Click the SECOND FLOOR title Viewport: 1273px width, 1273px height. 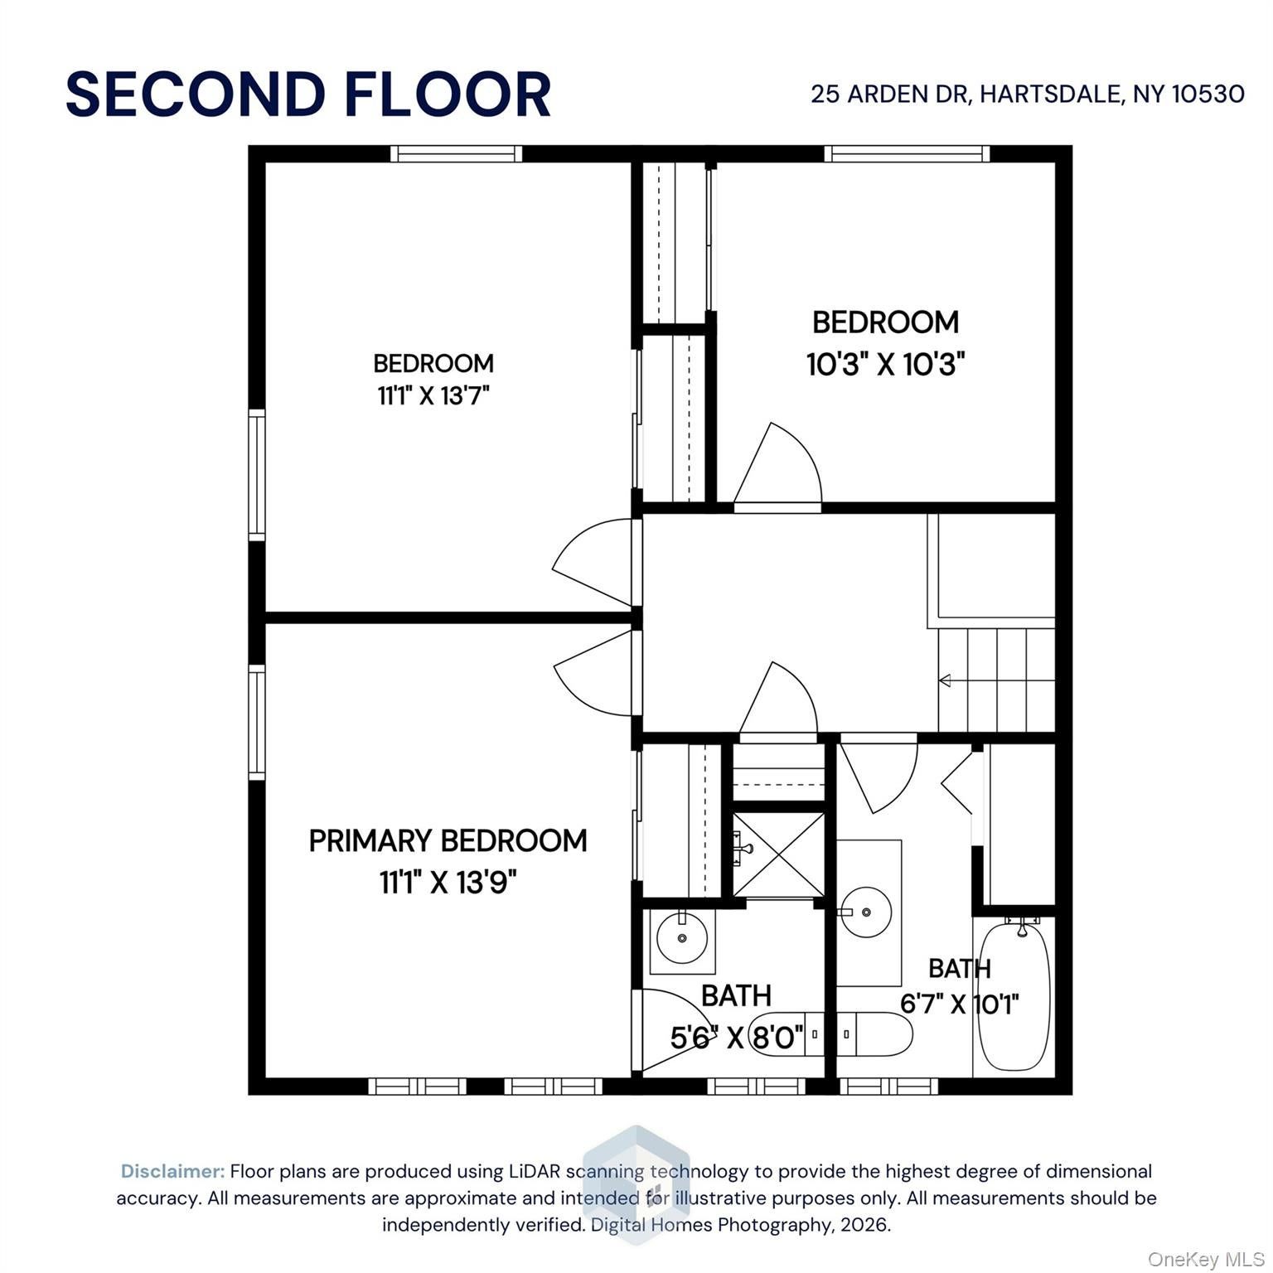click(308, 94)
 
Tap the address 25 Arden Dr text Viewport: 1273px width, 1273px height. click(889, 94)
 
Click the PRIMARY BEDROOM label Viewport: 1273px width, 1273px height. click(448, 840)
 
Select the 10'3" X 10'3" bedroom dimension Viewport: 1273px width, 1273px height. click(886, 364)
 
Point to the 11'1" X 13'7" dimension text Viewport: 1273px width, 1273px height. click(433, 396)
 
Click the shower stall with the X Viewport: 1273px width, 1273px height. click(778, 854)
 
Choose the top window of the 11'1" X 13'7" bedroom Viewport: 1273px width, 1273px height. click(456, 153)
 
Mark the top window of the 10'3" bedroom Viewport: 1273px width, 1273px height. click(907, 153)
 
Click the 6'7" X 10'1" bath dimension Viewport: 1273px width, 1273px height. click(960, 1004)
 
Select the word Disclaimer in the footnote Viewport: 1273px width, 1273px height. click(172, 1171)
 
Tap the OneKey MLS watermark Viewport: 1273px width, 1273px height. click(1206, 1260)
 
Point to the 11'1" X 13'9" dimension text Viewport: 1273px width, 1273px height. click(448, 883)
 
